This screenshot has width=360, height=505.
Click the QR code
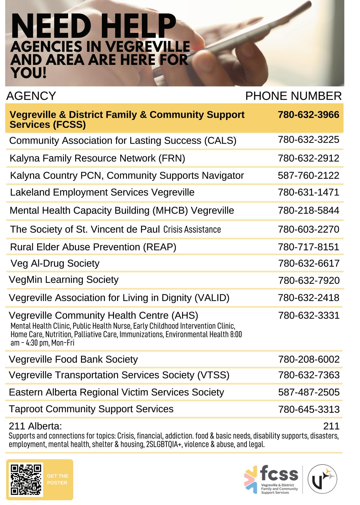pyautogui.click(x=26, y=479)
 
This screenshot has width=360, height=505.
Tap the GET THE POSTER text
pyautogui.click(x=57, y=479)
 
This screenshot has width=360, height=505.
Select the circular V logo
pyautogui.click(x=322, y=479)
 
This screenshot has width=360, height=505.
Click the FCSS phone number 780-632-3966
pyautogui.click(x=308, y=115)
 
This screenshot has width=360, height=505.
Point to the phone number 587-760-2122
pyautogui.click(x=308, y=176)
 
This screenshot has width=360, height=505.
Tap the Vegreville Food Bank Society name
pyautogui.click(x=73, y=359)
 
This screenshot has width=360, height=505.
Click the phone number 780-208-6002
pyautogui.click(x=309, y=360)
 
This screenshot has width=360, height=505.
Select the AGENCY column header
pyautogui.click(x=31, y=96)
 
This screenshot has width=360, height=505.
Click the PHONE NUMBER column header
pyautogui.click(x=293, y=96)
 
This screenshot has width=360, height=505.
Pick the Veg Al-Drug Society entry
pyautogui.click(x=55, y=263)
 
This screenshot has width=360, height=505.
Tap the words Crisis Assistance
pyautogui.click(x=192, y=229)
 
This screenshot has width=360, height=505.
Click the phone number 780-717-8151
pyautogui.click(x=308, y=247)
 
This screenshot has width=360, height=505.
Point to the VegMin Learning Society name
pyautogui.click(x=64, y=280)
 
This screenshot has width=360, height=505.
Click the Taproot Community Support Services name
pyautogui.click(x=91, y=409)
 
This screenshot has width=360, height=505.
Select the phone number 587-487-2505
pyautogui.click(x=309, y=392)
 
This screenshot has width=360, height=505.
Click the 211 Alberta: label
pyautogui.click(x=35, y=426)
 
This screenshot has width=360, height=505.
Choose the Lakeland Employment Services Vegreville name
pyautogui.click(x=102, y=192)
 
